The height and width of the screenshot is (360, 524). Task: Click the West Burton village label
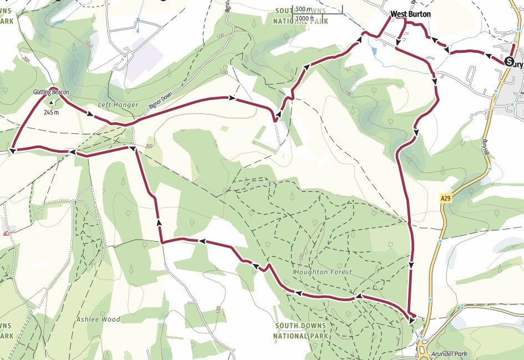tap(410, 14)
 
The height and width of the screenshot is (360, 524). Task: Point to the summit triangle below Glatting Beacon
tap(52, 102)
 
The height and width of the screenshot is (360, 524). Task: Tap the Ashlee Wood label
tap(99, 319)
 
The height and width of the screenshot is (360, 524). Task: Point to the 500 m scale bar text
tap(304, 9)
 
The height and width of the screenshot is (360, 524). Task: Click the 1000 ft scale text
tap(306, 18)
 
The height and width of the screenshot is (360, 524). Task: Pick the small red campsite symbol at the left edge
tap(6, 234)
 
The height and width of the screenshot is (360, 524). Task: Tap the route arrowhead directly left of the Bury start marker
tap(489, 56)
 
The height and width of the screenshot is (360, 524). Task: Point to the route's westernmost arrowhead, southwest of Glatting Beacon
tap(12, 149)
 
